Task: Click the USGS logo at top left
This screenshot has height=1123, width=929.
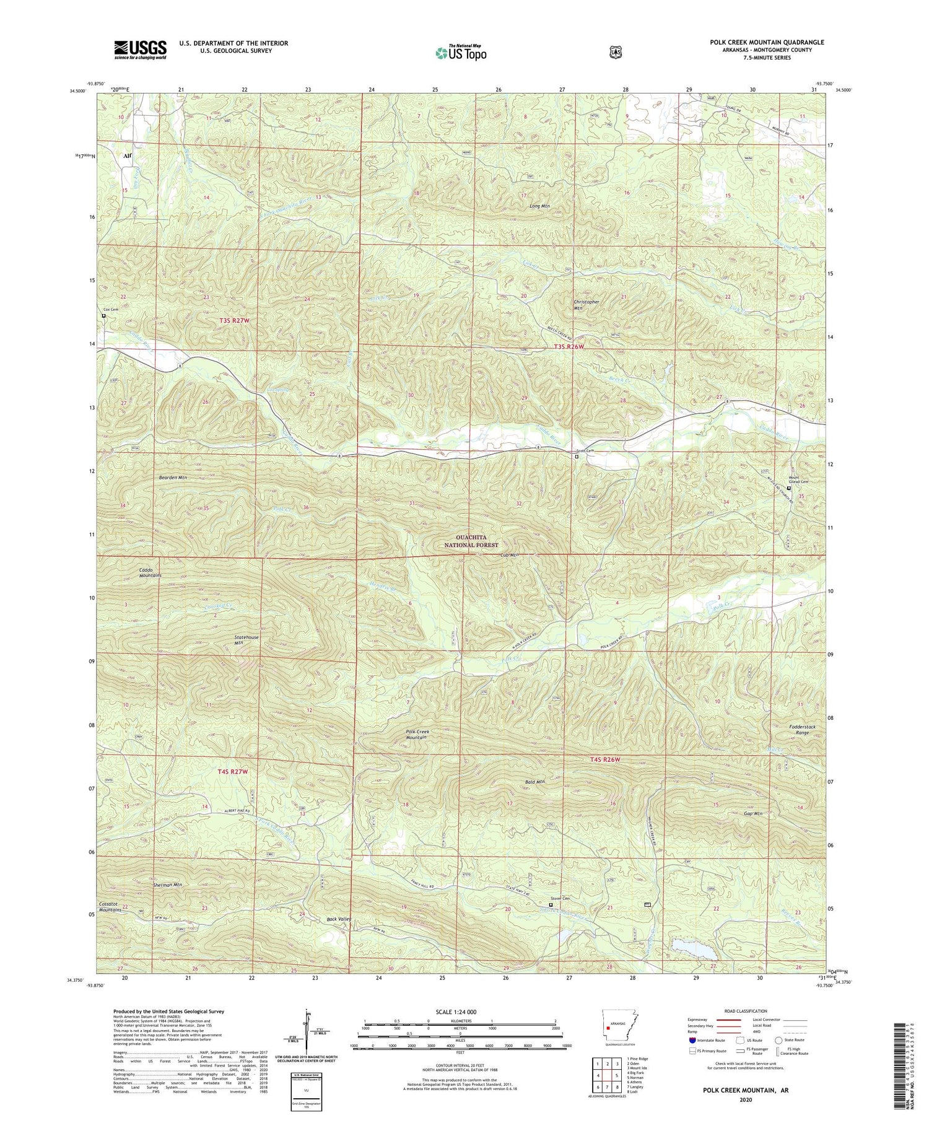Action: coord(140,50)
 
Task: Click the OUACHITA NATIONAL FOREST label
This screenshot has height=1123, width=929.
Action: coord(471,541)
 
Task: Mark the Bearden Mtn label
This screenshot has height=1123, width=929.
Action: coord(173,478)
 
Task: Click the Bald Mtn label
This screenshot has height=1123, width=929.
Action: coord(534,782)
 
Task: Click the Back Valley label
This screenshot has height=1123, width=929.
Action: coord(339,919)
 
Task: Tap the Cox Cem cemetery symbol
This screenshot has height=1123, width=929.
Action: coord(103,315)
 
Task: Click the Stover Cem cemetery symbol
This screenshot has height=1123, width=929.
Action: coord(551,904)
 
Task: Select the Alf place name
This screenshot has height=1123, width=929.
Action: coord(127,157)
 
